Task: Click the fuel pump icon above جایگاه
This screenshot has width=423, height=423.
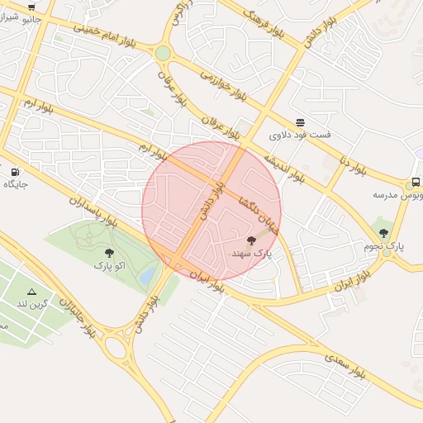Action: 16,171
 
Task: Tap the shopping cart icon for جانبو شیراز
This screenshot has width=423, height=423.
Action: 31,6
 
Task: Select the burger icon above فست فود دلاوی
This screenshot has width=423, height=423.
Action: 299,121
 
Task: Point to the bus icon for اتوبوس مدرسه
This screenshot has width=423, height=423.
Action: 416,182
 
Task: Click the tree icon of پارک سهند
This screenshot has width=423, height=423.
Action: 251,240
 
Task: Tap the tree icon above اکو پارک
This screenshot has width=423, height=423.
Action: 109,253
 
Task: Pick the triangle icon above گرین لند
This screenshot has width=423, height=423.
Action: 31,292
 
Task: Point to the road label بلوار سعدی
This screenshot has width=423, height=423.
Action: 345,365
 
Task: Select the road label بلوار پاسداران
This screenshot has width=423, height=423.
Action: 92,211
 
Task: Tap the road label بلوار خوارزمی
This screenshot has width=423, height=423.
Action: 224,84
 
